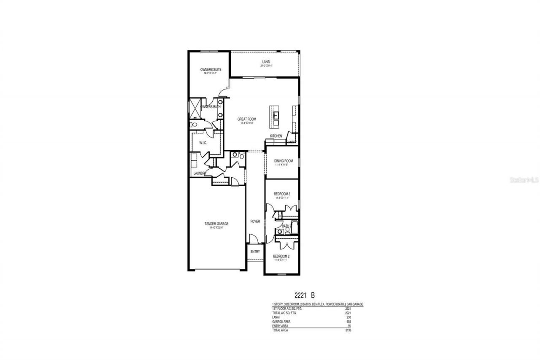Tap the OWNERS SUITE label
click(211, 70)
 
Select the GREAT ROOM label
click(246, 119)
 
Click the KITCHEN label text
click(276, 136)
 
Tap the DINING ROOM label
click(283, 161)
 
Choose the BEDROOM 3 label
click(281, 194)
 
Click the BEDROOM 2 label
click(281, 256)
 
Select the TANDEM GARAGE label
click(216, 224)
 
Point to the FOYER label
click(255, 221)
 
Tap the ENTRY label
click(255, 252)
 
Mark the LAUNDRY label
click(200, 173)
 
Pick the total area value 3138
click(348, 330)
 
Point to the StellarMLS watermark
click(524, 179)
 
